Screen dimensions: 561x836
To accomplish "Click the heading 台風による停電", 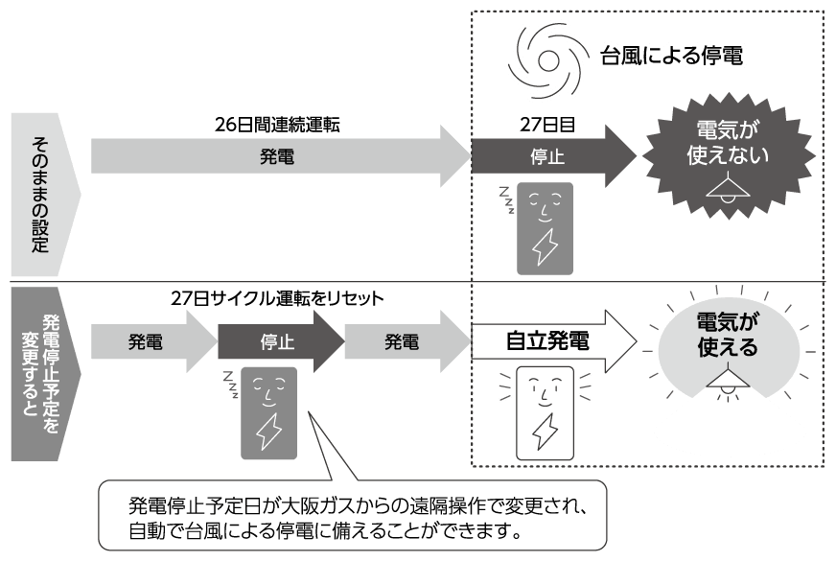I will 671,56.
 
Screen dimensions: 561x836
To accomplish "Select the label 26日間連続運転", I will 278,125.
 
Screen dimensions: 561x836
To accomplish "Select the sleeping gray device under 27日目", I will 545,227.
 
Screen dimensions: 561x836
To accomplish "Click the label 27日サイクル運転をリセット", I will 277,298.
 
